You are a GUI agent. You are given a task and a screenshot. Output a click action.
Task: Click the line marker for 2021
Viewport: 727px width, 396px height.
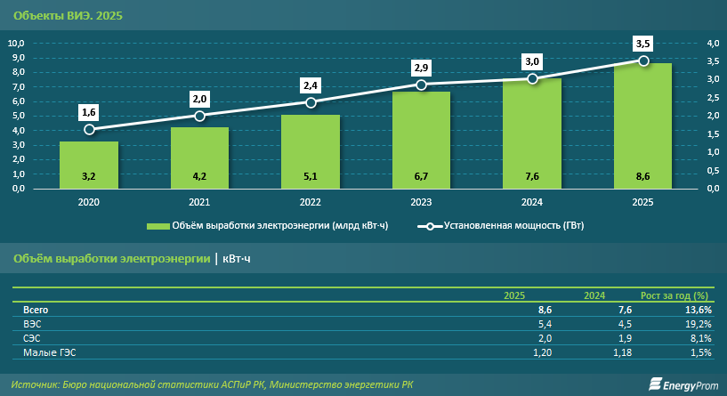(199, 116)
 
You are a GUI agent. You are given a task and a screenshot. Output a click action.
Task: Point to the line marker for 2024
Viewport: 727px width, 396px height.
(532, 78)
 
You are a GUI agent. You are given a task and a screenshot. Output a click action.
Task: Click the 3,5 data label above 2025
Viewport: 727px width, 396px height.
(642, 43)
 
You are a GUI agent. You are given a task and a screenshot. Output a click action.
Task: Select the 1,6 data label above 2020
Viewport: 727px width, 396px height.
(89, 112)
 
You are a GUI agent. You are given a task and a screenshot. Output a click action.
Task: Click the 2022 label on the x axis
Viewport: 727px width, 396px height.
(311, 203)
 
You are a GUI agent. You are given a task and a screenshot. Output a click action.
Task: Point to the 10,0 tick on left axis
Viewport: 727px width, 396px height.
(16, 43)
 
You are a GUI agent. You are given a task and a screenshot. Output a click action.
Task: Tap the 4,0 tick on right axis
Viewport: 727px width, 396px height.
(713, 43)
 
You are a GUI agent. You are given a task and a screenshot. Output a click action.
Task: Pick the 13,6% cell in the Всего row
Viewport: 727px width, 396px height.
(698, 309)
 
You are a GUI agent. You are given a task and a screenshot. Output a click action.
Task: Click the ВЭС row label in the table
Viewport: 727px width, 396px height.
(32, 324)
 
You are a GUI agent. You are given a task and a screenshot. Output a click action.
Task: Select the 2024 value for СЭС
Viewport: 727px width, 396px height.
(624, 339)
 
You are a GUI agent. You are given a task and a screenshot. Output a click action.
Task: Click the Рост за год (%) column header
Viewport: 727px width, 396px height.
(674, 295)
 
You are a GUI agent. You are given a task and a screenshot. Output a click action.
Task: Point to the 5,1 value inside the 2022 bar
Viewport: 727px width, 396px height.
(311, 176)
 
